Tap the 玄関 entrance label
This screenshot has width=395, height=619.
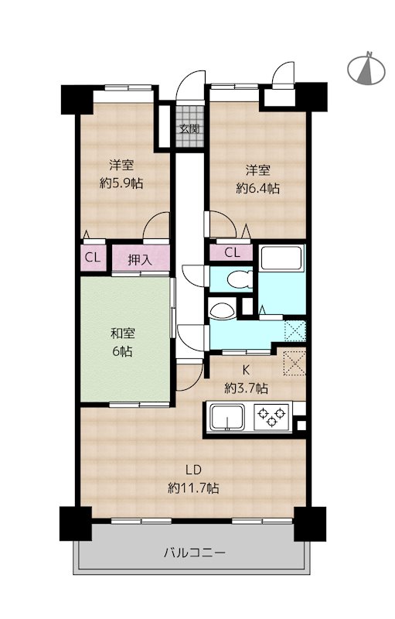point(189,128)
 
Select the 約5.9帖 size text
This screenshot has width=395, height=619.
point(121,183)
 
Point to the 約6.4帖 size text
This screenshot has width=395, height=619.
point(258,188)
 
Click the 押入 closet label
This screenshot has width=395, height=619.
point(140,260)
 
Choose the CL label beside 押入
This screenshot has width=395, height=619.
point(93,258)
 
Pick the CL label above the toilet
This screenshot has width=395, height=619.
point(232,253)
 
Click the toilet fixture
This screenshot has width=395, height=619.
point(240,279)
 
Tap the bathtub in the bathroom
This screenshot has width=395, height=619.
point(281,258)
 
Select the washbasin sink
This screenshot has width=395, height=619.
point(223,310)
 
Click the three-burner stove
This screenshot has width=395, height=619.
point(271,417)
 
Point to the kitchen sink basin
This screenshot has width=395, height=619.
point(227,418)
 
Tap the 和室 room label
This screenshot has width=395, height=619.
point(122,333)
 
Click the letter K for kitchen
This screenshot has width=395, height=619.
point(246,371)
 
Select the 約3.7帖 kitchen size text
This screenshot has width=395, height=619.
point(246,389)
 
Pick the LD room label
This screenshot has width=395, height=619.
point(193,470)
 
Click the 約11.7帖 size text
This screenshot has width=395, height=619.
point(193,488)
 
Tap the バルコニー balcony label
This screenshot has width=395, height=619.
point(195,552)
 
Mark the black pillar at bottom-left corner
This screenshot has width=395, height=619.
point(75,524)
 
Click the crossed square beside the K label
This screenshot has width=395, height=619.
point(295,362)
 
